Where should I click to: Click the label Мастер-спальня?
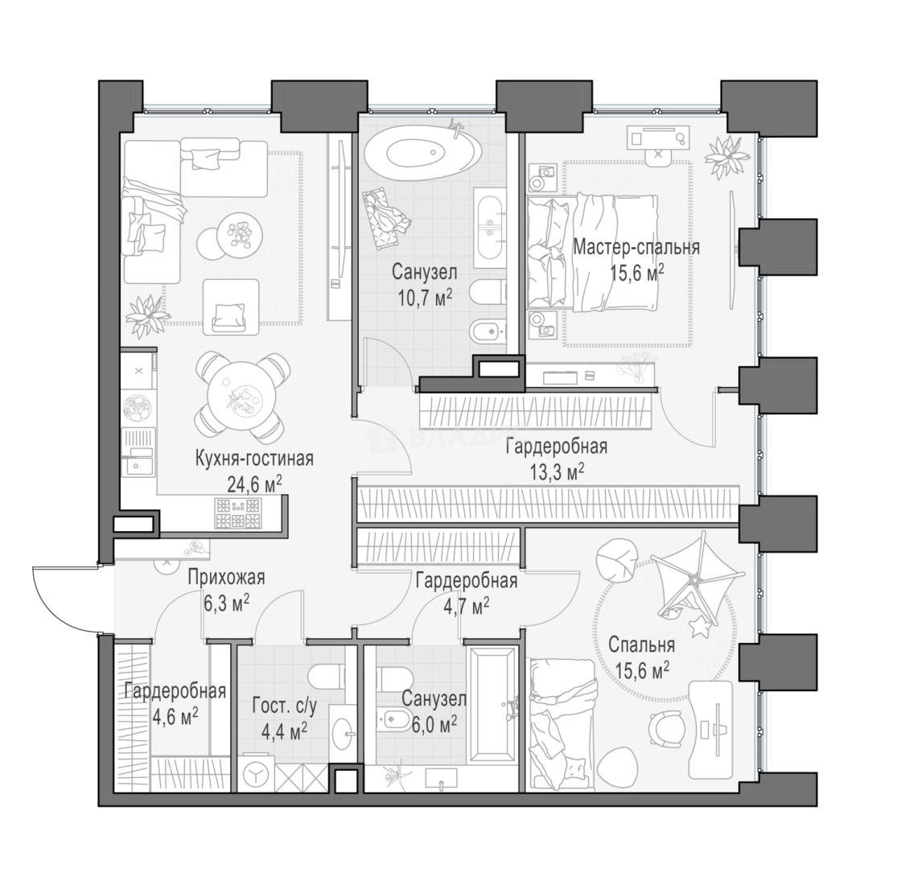636,248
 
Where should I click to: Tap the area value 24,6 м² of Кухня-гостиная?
254,485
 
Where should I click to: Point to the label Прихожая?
227,578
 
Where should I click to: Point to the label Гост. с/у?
284,707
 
